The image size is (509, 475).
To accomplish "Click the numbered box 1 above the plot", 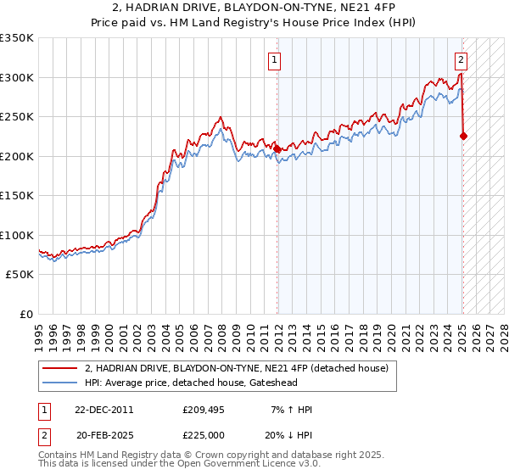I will (276, 60).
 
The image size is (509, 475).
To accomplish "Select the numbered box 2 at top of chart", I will (460, 60).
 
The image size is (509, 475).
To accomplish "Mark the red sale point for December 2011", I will (277, 148).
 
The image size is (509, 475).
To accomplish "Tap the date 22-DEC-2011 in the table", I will (104, 410).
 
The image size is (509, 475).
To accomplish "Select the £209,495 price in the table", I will (202, 410).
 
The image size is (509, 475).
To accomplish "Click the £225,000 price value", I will (202, 433).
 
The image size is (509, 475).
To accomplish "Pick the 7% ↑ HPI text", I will (290, 410).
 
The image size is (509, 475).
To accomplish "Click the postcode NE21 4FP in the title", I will (350, 8).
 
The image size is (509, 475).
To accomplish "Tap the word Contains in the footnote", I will (59, 455).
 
